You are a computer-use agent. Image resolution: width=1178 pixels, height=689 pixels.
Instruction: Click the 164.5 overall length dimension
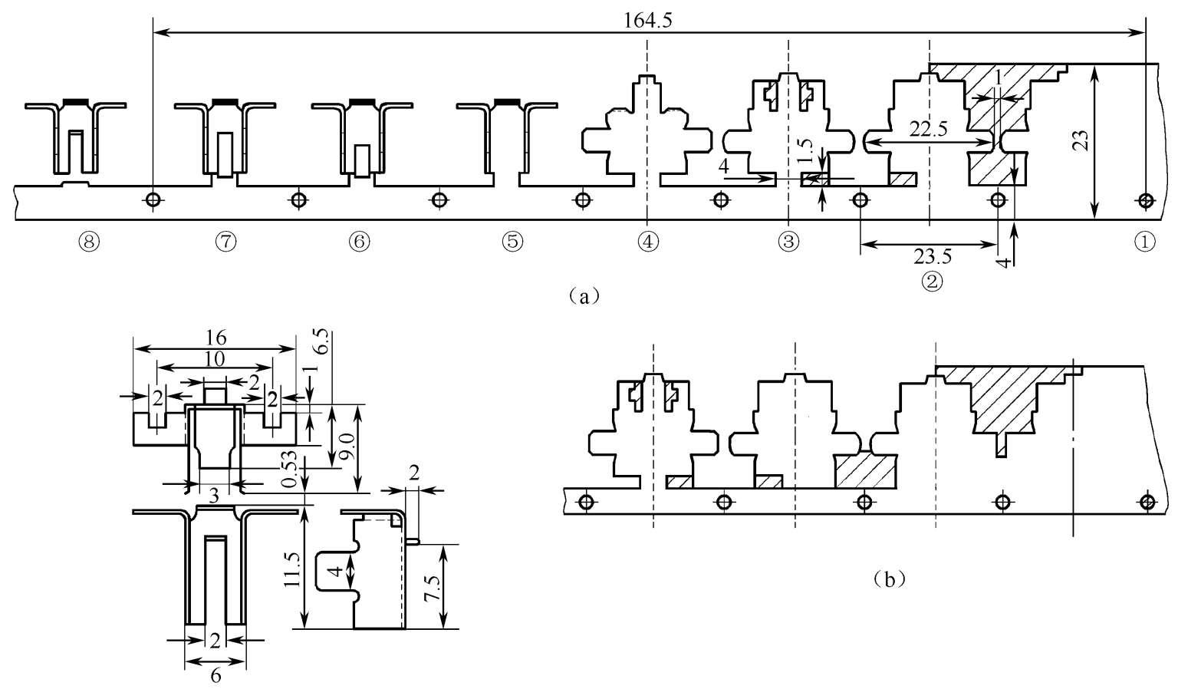[649, 21]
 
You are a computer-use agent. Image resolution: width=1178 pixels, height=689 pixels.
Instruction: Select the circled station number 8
[90, 242]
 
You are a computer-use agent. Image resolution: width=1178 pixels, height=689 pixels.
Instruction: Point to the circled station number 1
[1144, 242]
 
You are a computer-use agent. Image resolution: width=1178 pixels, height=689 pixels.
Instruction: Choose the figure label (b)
[890, 579]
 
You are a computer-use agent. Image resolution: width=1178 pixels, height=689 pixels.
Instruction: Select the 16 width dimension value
[214, 337]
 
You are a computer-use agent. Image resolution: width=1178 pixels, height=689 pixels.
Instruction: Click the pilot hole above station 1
[1145, 201]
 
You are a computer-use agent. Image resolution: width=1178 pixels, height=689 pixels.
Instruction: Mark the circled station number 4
[648, 242]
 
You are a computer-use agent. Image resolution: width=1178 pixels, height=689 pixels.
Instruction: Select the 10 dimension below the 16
[214, 358]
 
